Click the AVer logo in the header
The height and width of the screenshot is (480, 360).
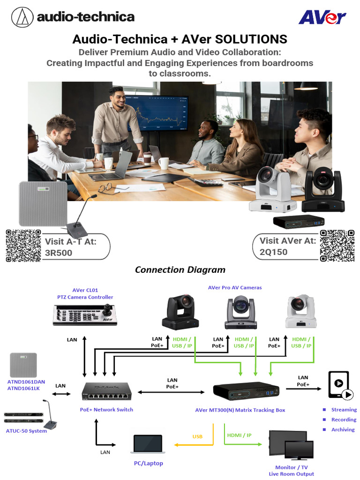(322, 17)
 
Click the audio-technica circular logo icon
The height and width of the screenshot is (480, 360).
(22, 17)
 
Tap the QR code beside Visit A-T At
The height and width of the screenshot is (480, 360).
(23, 246)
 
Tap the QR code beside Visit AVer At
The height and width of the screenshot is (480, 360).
(337, 246)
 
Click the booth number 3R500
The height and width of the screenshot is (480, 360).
(59, 252)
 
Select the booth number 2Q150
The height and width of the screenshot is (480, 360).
(273, 252)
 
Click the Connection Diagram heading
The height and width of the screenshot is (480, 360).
(180, 270)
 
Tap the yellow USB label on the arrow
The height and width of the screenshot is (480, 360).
(197, 436)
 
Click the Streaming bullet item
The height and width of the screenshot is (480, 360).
(344, 410)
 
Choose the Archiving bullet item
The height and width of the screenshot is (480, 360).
(343, 429)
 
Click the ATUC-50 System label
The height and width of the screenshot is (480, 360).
(26, 431)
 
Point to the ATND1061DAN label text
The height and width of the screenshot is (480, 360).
(26, 382)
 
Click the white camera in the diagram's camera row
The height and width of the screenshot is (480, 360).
(301, 311)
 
